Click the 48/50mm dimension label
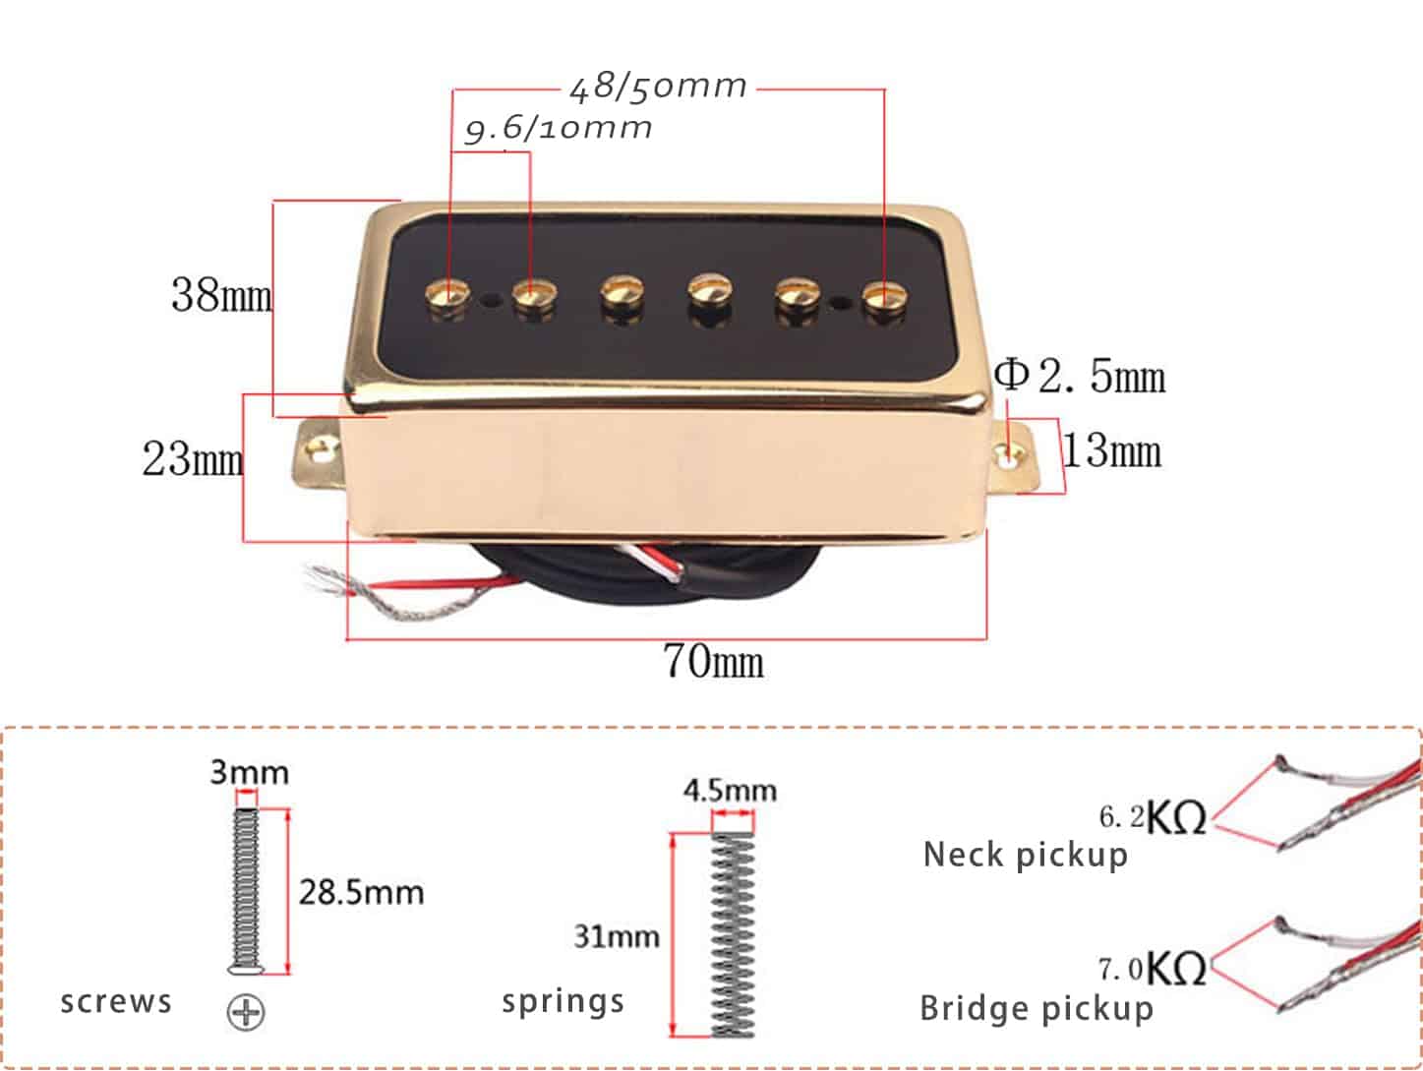tap(658, 88)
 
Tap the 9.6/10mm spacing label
tap(559, 128)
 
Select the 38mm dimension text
tap(221, 295)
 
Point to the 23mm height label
tap(193, 459)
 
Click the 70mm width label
tap(713, 661)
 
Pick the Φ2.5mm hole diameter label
tap(1080, 376)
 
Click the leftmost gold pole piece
tap(447, 295)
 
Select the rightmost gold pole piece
tap(885, 296)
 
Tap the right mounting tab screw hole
tap(1010, 454)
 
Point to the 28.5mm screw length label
tap(361, 893)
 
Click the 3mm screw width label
tap(249, 772)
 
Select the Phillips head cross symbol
tap(246, 1012)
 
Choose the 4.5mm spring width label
tap(730, 791)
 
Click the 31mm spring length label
tap(617, 937)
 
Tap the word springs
tap(563, 1002)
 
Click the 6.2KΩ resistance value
tap(1152, 817)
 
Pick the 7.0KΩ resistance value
tap(1152, 970)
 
